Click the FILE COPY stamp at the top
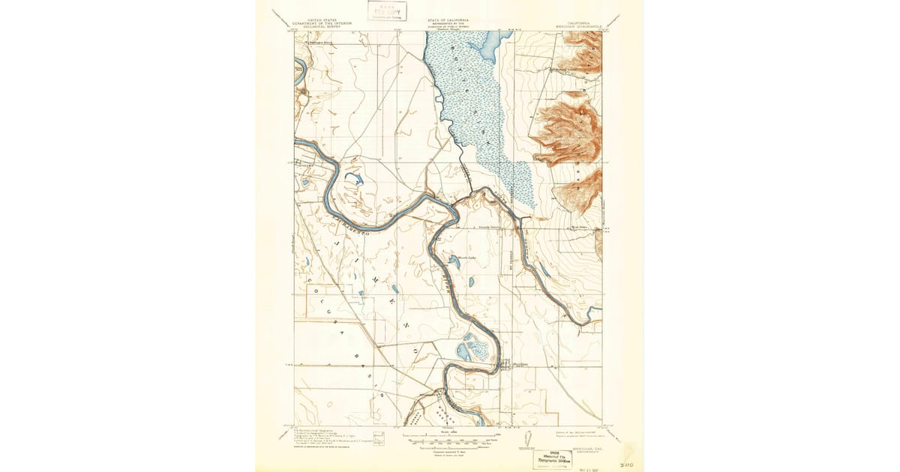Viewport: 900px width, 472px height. tap(387, 10)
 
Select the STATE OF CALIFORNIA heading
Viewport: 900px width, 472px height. tap(448, 19)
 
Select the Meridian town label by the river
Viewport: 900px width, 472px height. tap(510, 365)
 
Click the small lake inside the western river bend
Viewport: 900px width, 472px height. tap(352, 180)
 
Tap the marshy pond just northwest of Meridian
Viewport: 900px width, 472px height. tap(475, 345)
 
